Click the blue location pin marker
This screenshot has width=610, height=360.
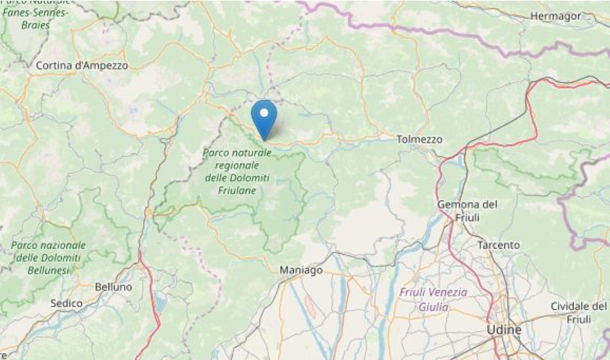tap(264, 117)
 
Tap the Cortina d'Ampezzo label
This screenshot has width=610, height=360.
tap(82, 66)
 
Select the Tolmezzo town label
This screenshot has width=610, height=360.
tap(419, 139)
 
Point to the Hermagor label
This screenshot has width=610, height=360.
tap(555, 16)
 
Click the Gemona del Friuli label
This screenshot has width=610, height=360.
tap(468, 210)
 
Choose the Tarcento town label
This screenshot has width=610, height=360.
tap(499, 245)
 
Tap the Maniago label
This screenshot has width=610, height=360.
tap(301, 271)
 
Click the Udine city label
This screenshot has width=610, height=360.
tap(504, 330)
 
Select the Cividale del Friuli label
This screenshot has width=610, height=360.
tap(578, 312)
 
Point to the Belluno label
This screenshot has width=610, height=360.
tap(113, 287)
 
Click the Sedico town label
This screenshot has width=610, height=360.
tap(66, 303)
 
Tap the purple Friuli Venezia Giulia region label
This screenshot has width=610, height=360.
tap(433, 299)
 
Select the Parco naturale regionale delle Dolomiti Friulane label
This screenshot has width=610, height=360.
tap(237, 171)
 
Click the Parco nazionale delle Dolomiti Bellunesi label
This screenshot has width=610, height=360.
tap(48, 258)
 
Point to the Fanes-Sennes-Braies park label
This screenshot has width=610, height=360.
tap(34, 18)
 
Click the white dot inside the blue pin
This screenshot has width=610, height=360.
tap(264, 112)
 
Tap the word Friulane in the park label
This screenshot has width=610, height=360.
tap(237, 191)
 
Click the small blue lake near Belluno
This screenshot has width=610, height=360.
tap(161, 305)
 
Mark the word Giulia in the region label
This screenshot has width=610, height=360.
tap(433, 307)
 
